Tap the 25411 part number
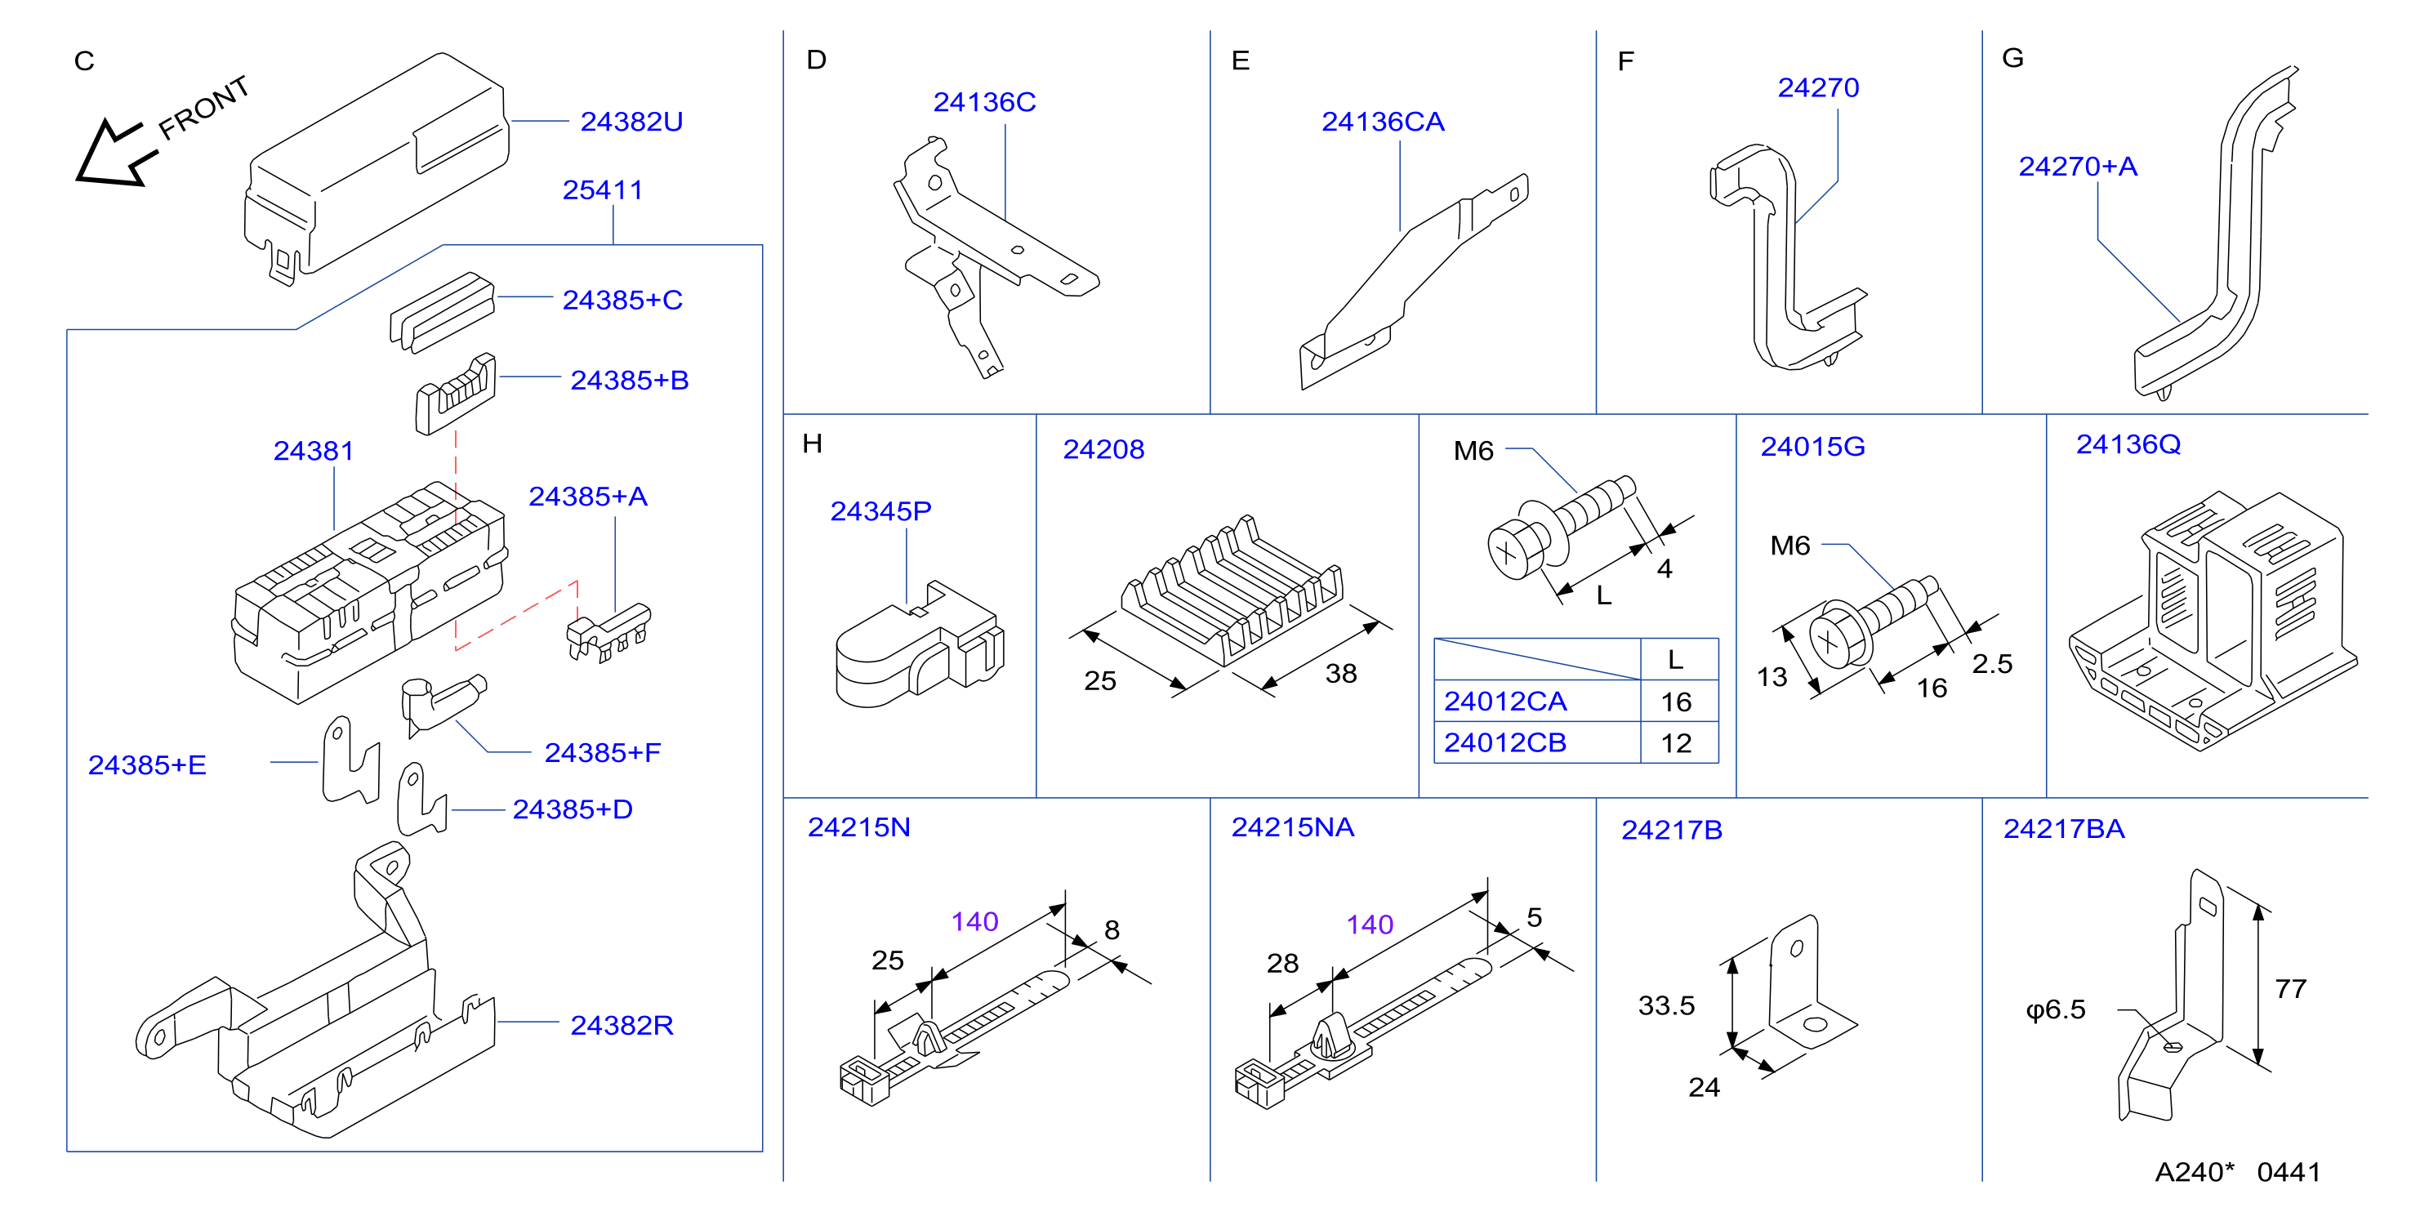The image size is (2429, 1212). [x=603, y=189]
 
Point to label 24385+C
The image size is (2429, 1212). [x=622, y=300]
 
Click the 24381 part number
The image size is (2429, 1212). [x=313, y=451]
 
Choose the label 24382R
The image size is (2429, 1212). [x=622, y=1025]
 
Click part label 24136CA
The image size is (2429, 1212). [x=1383, y=122]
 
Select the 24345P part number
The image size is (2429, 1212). [x=880, y=511]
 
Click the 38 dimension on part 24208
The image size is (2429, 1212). [x=1341, y=674]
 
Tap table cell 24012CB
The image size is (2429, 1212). [x=1505, y=743]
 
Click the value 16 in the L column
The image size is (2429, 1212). [x=1676, y=702]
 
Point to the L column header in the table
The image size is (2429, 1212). [x=1676, y=659]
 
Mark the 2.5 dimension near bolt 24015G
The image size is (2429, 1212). [x=1991, y=664]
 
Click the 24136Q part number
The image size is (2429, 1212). [x=2128, y=444]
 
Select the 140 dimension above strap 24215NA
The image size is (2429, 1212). [x=1369, y=925]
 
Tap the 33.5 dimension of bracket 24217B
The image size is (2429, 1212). [x=1666, y=1005]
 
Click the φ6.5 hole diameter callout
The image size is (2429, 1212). [x=2056, y=1010]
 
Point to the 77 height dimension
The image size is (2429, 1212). [x=2290, y=988]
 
